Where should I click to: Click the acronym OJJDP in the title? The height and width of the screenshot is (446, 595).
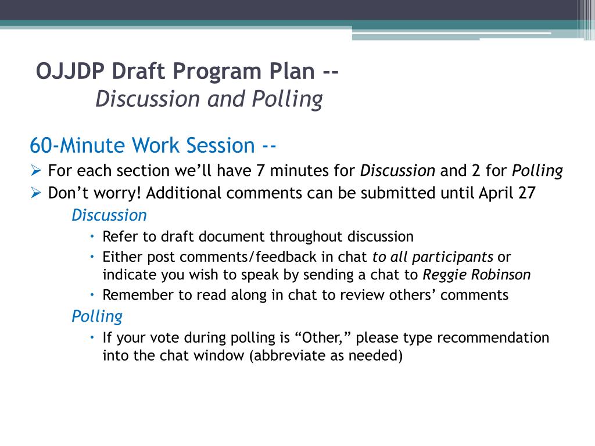click(70, 72)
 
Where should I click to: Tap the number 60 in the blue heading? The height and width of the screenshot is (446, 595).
click(42, 145)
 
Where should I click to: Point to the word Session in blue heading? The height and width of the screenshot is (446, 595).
click(220, 145)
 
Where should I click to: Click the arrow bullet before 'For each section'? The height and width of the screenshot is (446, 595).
click(35, 171)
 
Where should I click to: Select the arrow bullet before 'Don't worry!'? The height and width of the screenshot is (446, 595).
click(35, 193)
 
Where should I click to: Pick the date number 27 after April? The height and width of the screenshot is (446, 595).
click(526, 193)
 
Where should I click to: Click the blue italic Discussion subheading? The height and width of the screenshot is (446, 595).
click(109, 215)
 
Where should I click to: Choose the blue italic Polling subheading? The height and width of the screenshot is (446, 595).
click(97, 316)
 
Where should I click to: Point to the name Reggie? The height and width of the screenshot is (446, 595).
click(440, 275)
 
